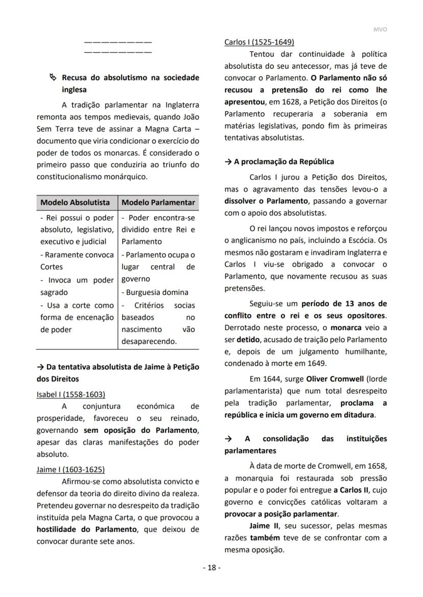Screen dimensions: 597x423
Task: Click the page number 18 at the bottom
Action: click(212, 568)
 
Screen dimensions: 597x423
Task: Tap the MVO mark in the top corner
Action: click(380, 29)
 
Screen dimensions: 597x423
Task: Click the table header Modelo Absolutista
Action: click(75, 203)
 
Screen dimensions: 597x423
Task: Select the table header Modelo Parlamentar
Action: click(158, 203)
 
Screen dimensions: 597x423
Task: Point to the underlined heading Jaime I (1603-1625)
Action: click(70, 469)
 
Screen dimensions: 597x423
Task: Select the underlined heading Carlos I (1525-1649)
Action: click(259, 42)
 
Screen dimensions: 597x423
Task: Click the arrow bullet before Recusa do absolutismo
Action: click(53, 78)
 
